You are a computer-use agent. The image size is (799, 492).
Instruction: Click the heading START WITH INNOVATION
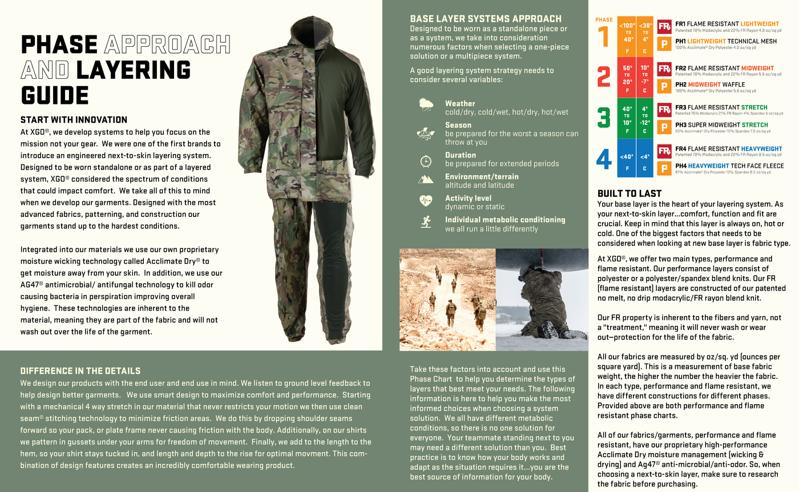tap(74, 120)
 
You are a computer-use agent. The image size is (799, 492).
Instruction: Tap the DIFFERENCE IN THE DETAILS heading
tap(80, 371)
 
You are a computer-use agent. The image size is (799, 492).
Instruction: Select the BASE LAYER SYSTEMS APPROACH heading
tap(485, 18)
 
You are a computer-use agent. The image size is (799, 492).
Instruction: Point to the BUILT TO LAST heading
tap(629, 193)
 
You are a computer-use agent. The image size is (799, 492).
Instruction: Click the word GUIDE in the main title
tap(55, 95)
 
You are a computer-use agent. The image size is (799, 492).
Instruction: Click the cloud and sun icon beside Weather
tap(426, 104)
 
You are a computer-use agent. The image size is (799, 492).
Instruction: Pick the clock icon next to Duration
tap(425, 160)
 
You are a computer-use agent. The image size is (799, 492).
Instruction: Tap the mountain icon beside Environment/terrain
tap(425, 180)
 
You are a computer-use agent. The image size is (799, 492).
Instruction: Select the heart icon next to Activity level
tap(425, 200)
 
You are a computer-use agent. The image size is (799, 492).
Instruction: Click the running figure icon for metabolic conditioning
tap(425, 222)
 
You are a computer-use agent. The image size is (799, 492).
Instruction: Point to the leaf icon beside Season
tap(425, 134)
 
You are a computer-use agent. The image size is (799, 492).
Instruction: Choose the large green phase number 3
tap(604, 117)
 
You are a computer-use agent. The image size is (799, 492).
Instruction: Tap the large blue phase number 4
tap(604, 159)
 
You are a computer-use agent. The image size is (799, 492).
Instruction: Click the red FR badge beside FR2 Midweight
tap(664, 69)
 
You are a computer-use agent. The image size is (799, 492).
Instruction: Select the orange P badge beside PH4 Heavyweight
tap(664, 168)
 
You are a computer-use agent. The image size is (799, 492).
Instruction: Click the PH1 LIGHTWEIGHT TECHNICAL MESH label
tap(725, 41)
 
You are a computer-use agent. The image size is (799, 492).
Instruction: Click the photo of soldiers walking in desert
tap(447, 299)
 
